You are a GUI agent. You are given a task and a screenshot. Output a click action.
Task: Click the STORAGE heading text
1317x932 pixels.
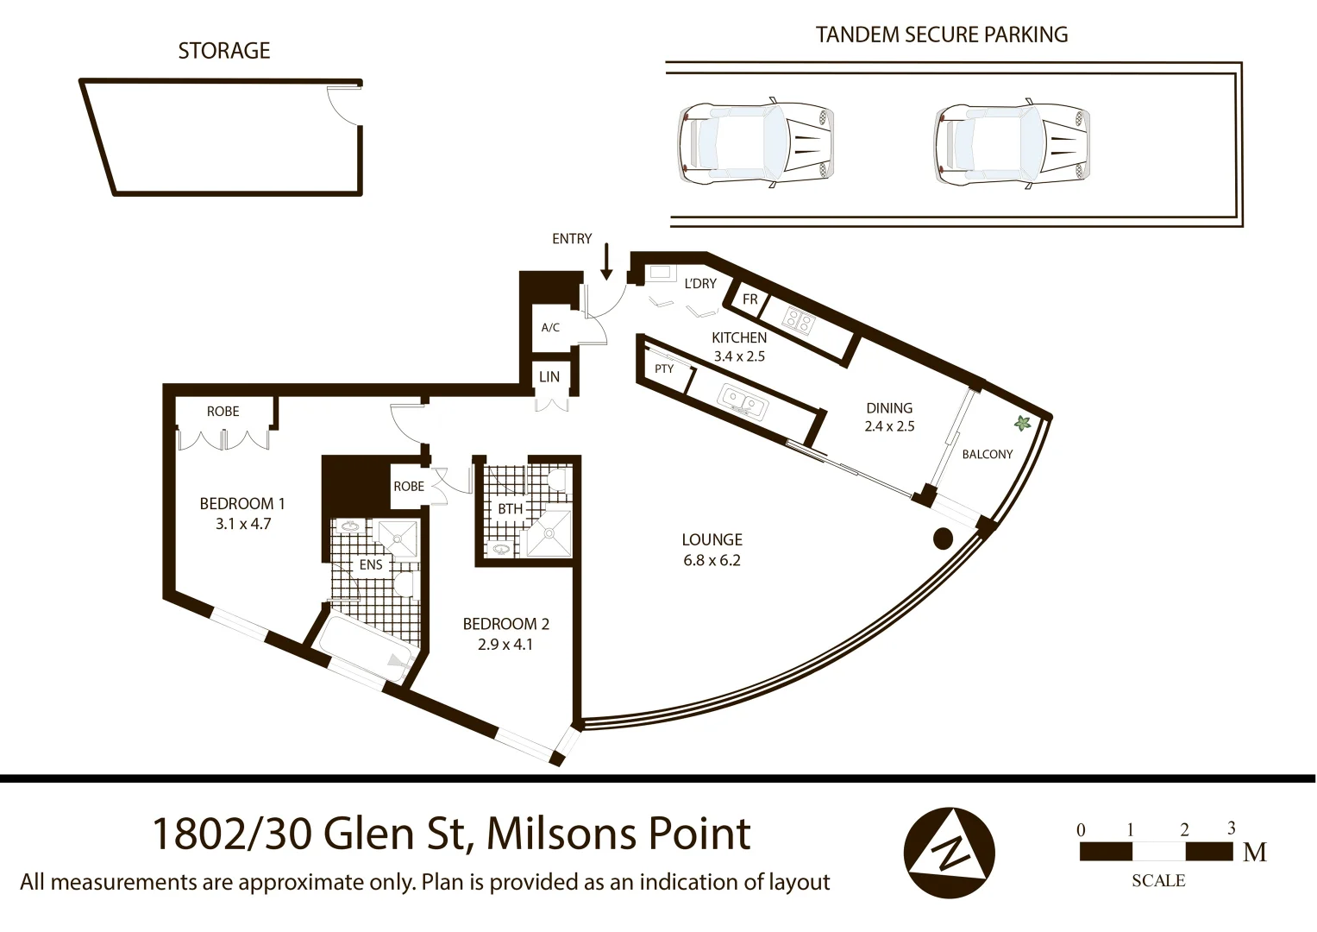click(224, 51)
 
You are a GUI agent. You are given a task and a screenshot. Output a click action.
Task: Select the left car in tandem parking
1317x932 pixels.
click(756, 143)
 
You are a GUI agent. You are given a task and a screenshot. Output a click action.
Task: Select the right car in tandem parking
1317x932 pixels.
click(1012, 143)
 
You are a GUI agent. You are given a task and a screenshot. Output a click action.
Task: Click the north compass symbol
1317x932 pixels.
click(949, 853)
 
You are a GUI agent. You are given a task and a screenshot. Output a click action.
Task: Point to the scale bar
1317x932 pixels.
click(1157, 852)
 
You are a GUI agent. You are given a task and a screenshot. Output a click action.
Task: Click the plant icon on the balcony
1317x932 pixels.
click(1023, 424)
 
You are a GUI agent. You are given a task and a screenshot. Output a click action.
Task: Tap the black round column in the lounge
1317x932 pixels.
click(943, 538)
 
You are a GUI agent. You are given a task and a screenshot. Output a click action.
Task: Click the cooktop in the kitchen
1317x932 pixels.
click(798, 321)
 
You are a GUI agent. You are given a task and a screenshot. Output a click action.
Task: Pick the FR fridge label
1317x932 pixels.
click(750, 299)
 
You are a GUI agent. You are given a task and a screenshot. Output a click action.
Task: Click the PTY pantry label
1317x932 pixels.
click(664, 368)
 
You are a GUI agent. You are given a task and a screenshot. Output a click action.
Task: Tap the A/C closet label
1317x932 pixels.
click(550, 328)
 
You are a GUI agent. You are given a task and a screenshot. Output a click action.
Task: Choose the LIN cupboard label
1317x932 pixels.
click(549, 377)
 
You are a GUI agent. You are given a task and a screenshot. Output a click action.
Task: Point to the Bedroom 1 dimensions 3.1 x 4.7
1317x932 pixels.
click(243, 524)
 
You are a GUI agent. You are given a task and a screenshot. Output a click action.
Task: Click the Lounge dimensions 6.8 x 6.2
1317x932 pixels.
click(712, 560)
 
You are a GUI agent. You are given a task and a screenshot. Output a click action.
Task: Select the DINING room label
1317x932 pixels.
click(889, 408)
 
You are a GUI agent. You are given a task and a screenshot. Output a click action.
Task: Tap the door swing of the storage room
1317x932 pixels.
click(343, 107)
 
